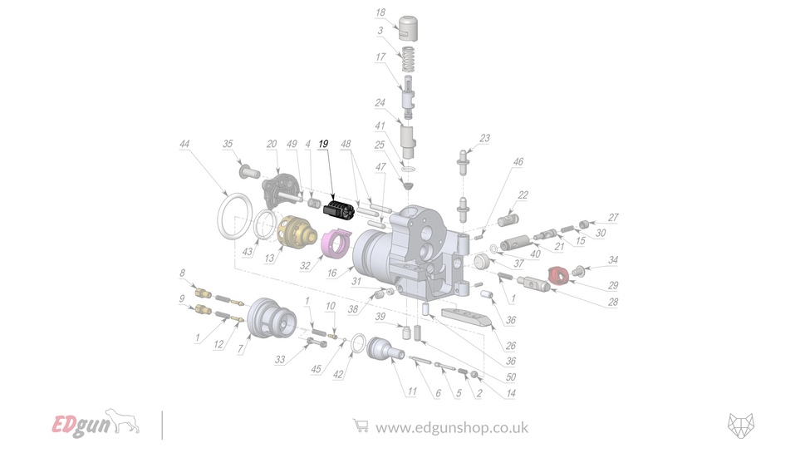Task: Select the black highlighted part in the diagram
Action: pyautogui.click(x=340, y=208)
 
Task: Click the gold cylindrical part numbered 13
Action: pyautogui.click(x=295, y=232)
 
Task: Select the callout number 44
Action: pyautogui.click(x=184, y=144)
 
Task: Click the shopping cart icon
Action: pyautogui.click(x=360, y=426)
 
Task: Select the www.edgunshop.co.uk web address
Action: pyautogui.click(x=452, y=428)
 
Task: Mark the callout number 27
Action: pyautogui.click(x=613, y=218)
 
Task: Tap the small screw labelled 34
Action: pyautogui.click(x=581, y=268)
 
